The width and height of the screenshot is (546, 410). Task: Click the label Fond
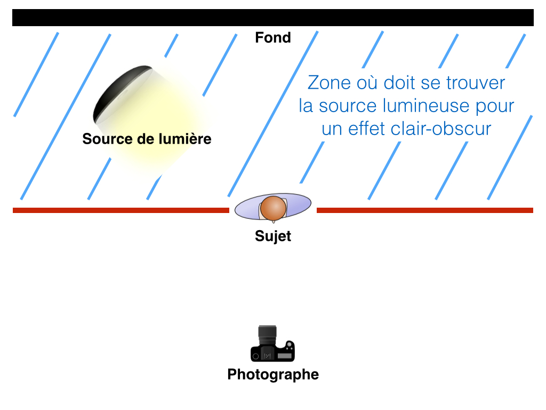point(273,38)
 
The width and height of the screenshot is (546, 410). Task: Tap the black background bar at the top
point(273,18)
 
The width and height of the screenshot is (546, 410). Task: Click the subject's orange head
point(274,208)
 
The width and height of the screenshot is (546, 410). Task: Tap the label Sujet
point(273,236)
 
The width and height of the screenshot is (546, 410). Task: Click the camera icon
point(272,344)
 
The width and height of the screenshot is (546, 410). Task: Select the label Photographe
point(273,374)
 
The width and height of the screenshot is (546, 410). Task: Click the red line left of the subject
point(121,210)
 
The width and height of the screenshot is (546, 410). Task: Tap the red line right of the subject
point(425,210)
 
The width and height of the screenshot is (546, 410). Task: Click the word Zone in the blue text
point(329,83)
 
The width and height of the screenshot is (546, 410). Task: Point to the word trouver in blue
point(475,83)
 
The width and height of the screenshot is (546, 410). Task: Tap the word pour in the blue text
point(495,107)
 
